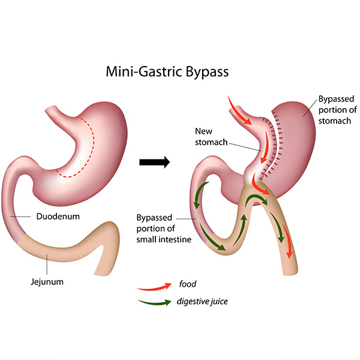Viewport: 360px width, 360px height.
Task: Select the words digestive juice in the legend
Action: (x=204, y=301)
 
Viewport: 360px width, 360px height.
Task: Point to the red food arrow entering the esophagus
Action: (x=239, y=109)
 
